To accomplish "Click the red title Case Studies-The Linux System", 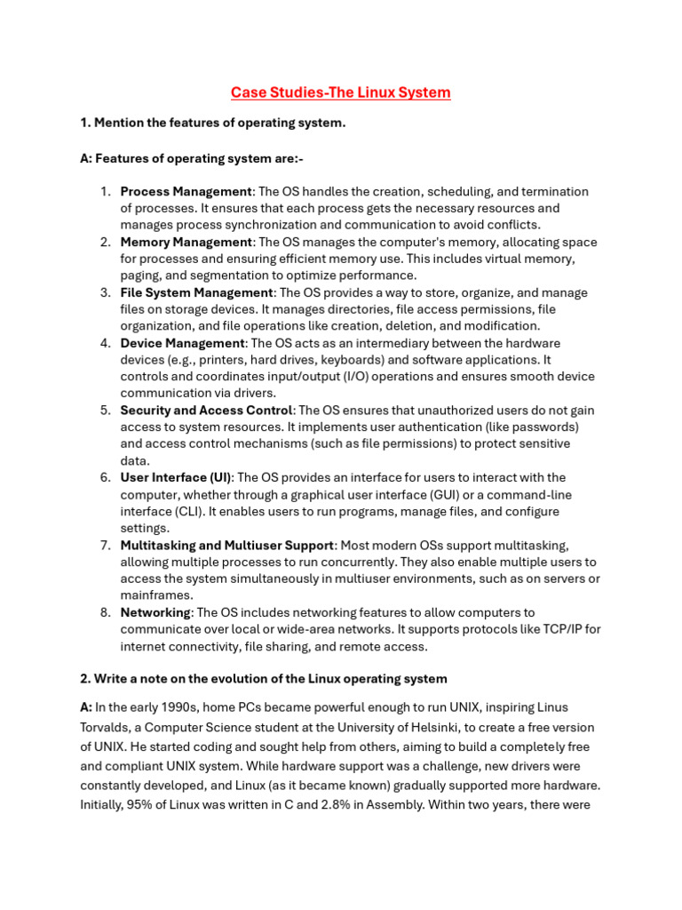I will [341, 92].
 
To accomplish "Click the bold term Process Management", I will [186, 192].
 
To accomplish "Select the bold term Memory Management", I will [186, 243].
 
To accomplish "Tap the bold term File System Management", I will [196, 293].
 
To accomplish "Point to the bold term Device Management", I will [182, 343].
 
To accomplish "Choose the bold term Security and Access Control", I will [206, 411].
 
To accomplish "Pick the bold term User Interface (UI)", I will [176, 478].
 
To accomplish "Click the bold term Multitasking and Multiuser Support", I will [227, 545].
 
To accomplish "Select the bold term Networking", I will [155, 612].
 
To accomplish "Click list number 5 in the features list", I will [105, 411].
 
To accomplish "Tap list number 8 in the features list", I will [105, 612].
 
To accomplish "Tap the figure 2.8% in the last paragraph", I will [370, 786].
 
